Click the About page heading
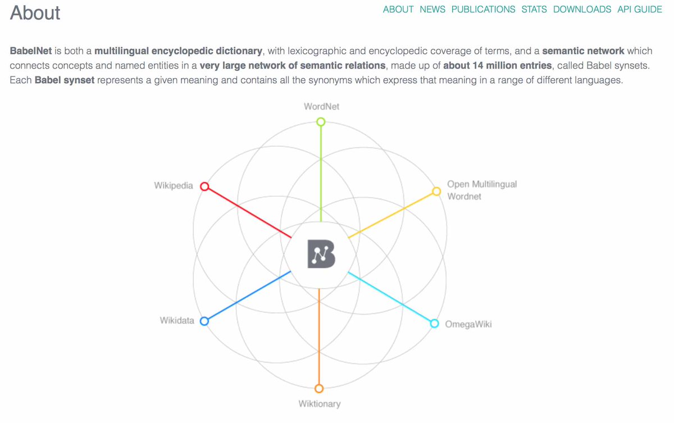[x=35, y=13]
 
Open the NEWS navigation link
[x=432, y=10]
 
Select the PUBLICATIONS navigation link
[x=483, y=10]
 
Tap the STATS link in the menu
[x=534, y=10]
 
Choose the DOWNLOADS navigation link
[x=582, y=10]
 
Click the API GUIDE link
[x=640, y=10]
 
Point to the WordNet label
[x=321, y=107]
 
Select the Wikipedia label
[x=174, y=185]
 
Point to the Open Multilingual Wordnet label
[x=482, y=190]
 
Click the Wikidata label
[x=177, y=320]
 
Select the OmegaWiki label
[x=468, y=324]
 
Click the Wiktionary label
[x=320, y=404]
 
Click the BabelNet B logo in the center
[x=321, y=253]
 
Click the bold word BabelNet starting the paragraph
[x=31, y=51]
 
